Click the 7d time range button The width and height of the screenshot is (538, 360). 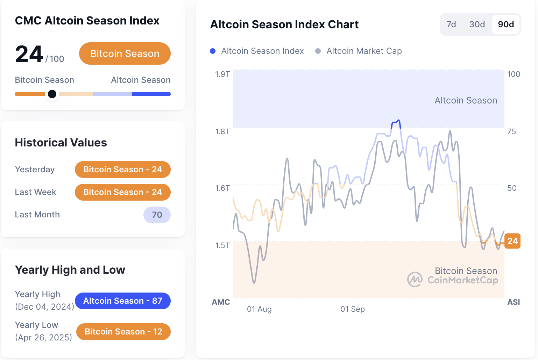(x=451, y=24)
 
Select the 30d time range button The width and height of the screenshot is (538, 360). (x=477, y=24)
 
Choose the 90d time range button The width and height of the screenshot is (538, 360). (x=506, y=24)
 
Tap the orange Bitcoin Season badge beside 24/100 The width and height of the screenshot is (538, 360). (x=125, y=53)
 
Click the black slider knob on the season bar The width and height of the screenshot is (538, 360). (x=52, y=94)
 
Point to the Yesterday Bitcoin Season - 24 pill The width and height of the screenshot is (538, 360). (x=122, y=170)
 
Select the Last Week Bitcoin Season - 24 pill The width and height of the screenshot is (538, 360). (x=122, y=192)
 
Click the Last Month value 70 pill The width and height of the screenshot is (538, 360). (x=157, y=215)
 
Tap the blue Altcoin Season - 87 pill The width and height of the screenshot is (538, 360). (x=122, y=301)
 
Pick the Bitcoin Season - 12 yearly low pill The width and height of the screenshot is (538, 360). (x=123, y=332)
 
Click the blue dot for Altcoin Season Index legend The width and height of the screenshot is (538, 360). (x=213, y=51)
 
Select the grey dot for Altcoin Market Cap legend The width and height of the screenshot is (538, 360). (x=318, y=51)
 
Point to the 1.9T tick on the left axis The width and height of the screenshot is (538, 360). (x=222, y=74)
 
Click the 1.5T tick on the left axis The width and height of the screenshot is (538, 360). (x=222, y=245)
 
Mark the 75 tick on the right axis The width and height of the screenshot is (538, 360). (x=511, y=131)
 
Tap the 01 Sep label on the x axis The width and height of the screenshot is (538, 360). (x=353, y=309)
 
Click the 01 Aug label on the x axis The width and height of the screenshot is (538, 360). (x=259, y=309)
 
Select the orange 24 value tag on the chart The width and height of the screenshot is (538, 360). (x=512, y=241)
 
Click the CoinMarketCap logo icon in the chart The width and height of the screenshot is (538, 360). (x=415, y=280)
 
